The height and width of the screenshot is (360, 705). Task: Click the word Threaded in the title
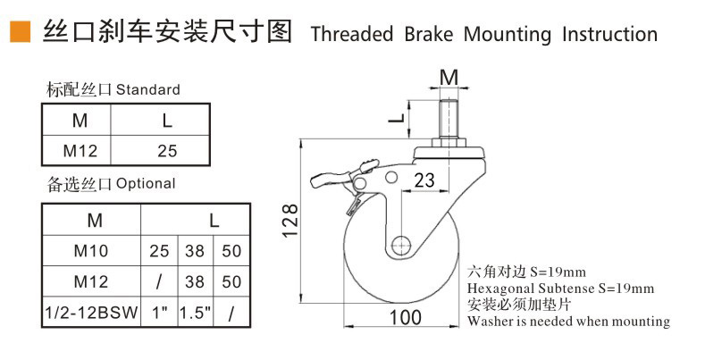[x=351, y=34]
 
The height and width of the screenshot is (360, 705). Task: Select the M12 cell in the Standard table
[x=80, y=150]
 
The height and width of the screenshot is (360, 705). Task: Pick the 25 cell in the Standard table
[x=167, y=150]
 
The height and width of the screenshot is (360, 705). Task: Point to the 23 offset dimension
[x=425, y=180]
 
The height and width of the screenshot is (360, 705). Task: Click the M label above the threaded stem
[x=449, y=75]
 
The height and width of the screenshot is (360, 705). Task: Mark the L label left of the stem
[x=399, y=116]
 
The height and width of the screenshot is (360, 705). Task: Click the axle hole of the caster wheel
[x=401, y=244]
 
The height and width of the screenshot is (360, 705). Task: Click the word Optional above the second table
[x=146, y=184]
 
